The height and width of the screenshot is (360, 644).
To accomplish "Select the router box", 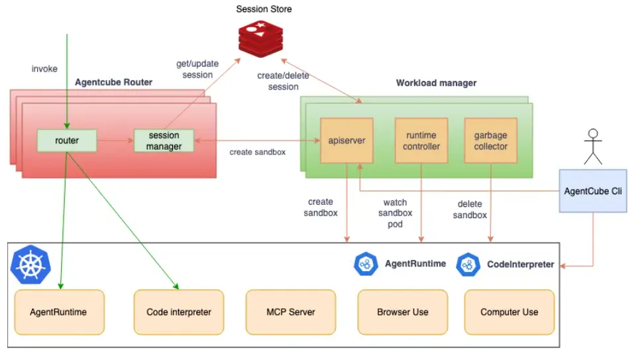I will tap(67, 141).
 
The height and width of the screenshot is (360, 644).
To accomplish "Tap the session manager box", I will tap(164, 141).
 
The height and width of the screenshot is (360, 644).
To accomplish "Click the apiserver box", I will tap(347, 141).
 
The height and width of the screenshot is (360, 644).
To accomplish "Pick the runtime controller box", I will tap(421, 141).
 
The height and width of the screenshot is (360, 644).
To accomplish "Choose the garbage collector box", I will tap(491, 141).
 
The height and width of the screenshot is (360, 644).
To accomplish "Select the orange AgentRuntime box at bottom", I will tap(59, 312).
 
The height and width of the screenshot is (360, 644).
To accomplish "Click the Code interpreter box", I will tap(179, 312).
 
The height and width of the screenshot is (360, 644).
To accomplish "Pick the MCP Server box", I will tap(291, 312).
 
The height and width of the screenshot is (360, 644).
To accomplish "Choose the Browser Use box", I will tap(403, 312).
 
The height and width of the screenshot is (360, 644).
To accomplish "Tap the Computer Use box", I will tap(509, 312).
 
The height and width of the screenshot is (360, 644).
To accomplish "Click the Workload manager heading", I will tap(436, 83).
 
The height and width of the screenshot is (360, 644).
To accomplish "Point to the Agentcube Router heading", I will tap(114, 82).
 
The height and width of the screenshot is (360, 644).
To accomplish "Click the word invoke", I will tap(44, 69).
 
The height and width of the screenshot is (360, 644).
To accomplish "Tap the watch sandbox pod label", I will tap(396, 213).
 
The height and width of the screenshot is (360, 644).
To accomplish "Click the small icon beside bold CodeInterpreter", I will tap(468, 264).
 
